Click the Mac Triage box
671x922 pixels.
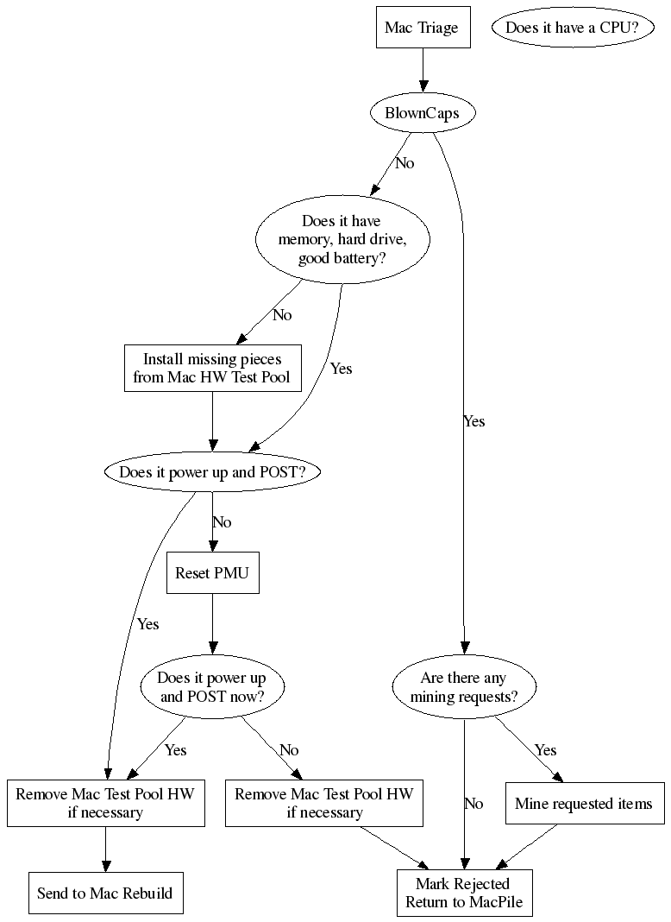[422, 28]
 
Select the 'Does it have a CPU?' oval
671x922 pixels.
[572, 28]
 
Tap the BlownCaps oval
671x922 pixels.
[422, 113]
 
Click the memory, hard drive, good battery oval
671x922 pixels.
[342, 240]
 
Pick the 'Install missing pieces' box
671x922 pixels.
[212, 369]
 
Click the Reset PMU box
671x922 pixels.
[212, 573]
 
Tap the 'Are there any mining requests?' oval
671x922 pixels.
[464, 687]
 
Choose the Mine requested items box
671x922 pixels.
[584, 804]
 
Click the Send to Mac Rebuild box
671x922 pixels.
[105, 893]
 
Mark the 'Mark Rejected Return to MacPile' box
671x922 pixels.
[464, 893]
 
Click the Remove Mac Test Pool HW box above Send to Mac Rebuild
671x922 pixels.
[105, 804]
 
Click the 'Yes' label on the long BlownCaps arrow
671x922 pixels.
[474, 421]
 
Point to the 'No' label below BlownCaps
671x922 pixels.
[404, 163]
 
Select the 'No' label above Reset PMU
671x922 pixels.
[222, 522]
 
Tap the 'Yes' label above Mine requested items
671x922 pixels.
[545, 750]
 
